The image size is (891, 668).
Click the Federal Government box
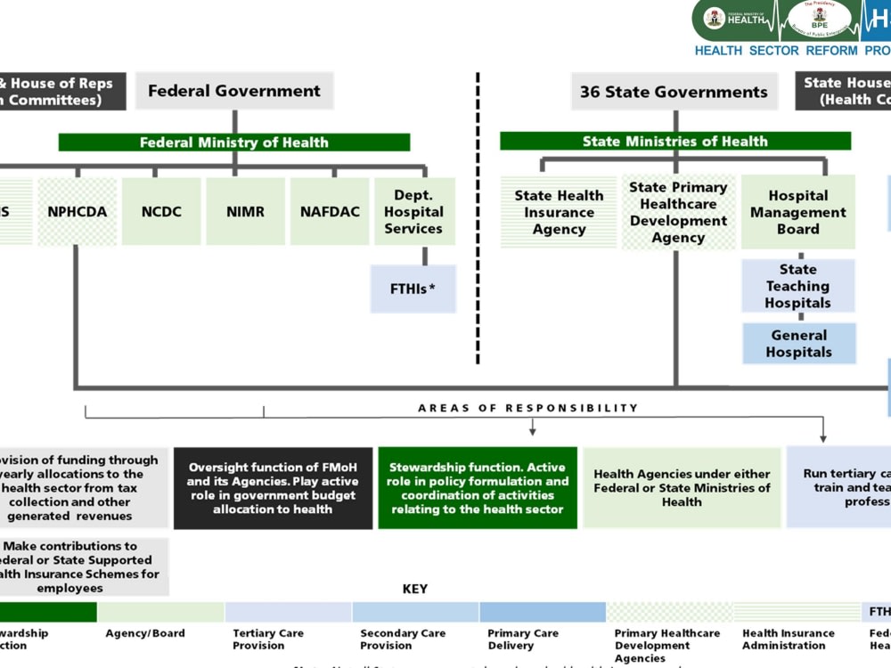pos(234,91)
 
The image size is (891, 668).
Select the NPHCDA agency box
pos(78,212)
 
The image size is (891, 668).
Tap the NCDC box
pos(161,212)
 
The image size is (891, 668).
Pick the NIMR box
pos(245,212)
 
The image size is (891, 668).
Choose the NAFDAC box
pos(330,212)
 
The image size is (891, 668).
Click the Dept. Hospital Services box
pos(413,212)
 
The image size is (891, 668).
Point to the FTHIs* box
pos(413,289)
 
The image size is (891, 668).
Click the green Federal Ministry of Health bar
pos(234,143)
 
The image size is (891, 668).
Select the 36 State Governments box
pos(674,92)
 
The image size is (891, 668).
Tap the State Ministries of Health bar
pos(674,142)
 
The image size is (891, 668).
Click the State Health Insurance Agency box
pos(559,212)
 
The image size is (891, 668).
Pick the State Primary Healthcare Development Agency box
pos(678,212)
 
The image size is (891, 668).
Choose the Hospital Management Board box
pos(798,212)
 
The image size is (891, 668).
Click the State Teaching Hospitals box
pos(798,286)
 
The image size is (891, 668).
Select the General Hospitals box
pos(799,344)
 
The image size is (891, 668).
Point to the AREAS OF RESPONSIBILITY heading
pos(528,408)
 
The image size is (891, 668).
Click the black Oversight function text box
pos(273,488)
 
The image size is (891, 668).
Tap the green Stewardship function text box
pos(478,488)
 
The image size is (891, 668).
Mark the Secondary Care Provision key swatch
pos(415,612)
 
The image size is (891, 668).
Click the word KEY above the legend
pos(415,589)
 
